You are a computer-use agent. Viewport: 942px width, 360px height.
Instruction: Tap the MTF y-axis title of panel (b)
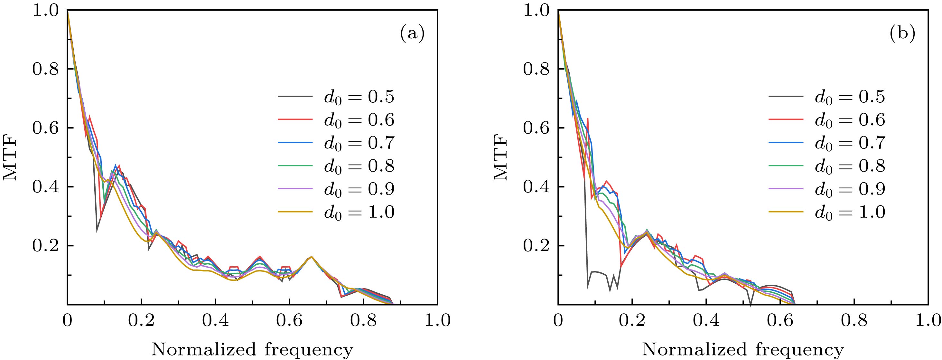pyautogui.click(x=501, y=158)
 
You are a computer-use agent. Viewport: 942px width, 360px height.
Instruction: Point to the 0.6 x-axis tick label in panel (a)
pyautogui.click(x=289, y=320)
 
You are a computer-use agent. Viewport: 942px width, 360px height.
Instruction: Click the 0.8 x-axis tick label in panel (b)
pyautogui.click(x=854, y=320)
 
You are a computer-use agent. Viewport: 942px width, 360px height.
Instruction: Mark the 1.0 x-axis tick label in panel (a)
pyautogui.click(x=438, y=320)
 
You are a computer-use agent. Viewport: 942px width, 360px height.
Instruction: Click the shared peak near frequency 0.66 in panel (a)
pyautogui.click(x=311, y=257)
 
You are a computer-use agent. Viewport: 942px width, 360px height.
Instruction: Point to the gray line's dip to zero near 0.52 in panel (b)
pyautogui.click(x=751, y=304)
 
